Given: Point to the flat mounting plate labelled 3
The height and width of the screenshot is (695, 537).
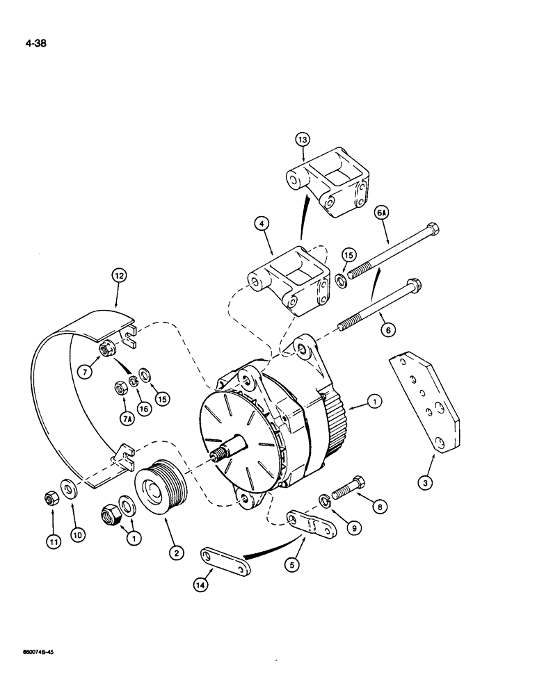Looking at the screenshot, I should click(x=424, y=403).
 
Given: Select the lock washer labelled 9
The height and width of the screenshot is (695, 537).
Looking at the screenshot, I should click(x=325, y=501).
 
